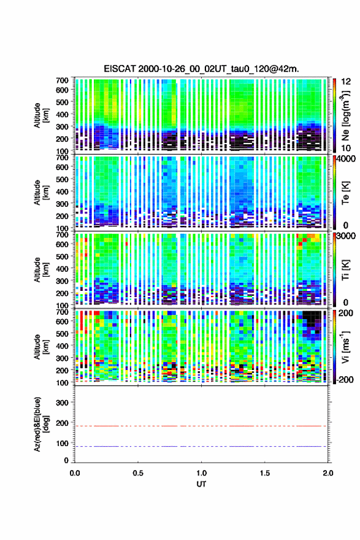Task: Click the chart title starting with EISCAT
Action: pyautogui.click(x=201, y=69)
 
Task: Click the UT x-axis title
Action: pyautogui.click(x=201, y=484)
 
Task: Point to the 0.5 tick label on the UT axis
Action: pyautogui.click(x=138, y=473)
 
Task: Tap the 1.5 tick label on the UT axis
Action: pyautogui.click(x=265, y=473)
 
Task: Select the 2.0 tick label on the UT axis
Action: pyautogui.click(x=328, y=473)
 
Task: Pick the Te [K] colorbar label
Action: pyautogui.click(x=345, y=193)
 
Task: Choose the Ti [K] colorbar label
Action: pyautogui.click(x=345, y=270)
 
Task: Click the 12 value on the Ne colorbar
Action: pyautogui.click(x=347, y=82)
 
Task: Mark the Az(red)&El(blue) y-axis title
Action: pyautogui.click(x=40, y=425)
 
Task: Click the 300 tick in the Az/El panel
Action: pyautogui.click(x=63, y=403)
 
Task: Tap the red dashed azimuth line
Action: pyautogui.click(x=201, y=426)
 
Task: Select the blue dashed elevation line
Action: pyautogui.click(x=201, y=446)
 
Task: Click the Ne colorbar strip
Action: pyautogui.click(x=334, y=115)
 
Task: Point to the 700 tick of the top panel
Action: pyautogui.click(x=63, y=80)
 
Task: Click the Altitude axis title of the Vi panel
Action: pyautogui.click(x=40, y=347)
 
